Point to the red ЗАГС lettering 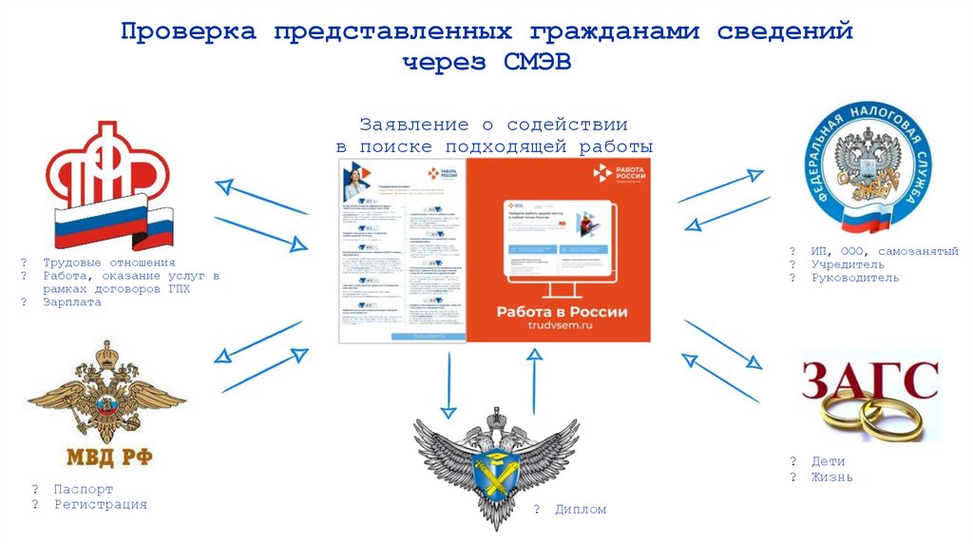click(x=869, y=380)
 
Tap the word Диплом click(x=581, y=510)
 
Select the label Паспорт click(x=83, y=489)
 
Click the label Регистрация click(x=100, y=504)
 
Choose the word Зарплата click(x=71, y=302)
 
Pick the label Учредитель click(x=848, y=264)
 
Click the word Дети click(x=828, y=461)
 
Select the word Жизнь click(x=831, y=477)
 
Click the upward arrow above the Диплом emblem click(x=534, y=380)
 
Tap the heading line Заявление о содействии click(x=493, y=125)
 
